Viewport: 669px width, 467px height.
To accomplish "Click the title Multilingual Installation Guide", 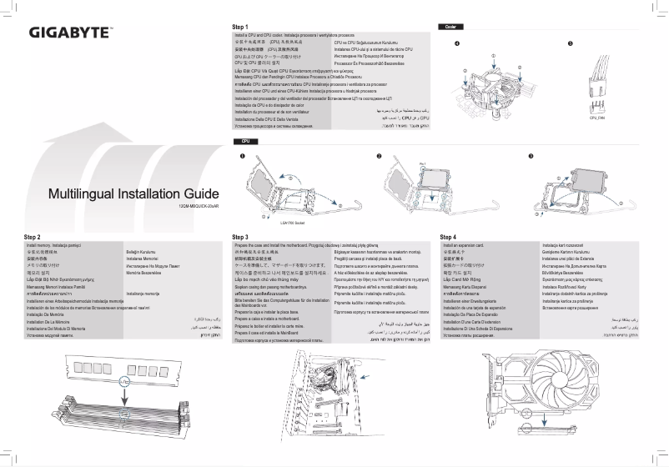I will click(134, 194).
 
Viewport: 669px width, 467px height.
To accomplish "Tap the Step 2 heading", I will click(33, 238).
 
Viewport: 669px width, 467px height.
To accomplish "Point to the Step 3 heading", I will click(241, 238).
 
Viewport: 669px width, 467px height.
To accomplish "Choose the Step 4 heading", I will click(448, 238).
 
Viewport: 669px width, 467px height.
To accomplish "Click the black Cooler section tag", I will click(450, 27).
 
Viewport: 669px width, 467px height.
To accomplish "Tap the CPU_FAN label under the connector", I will click(597, 118).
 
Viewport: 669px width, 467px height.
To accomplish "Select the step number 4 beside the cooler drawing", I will click(456, 43).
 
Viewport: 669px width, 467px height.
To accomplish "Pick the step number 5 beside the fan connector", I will click(571, 43).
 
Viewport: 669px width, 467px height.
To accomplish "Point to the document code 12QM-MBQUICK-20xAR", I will click(199, 205).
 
